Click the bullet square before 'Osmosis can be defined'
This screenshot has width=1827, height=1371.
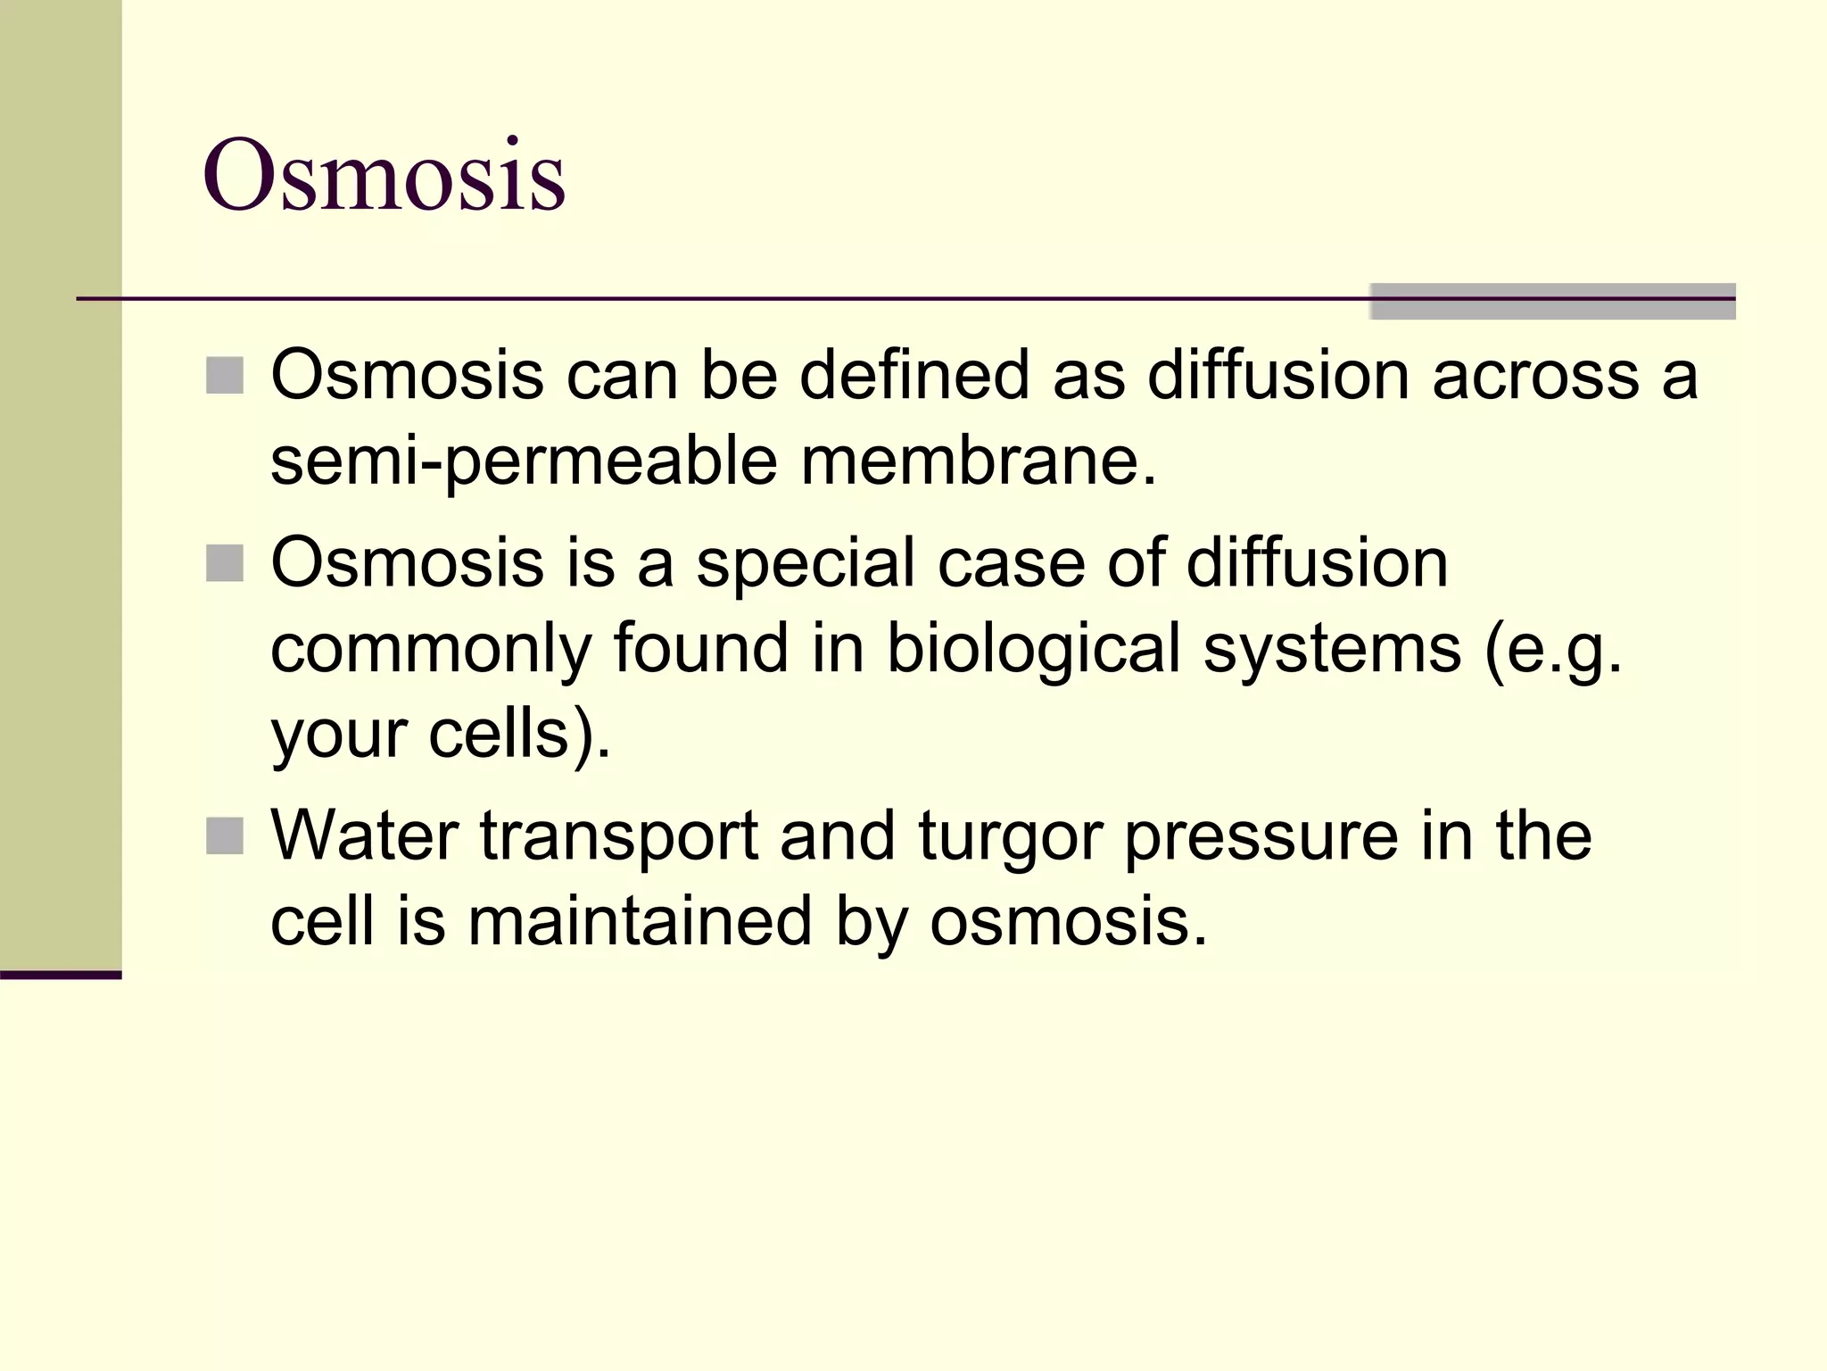pos(224,376)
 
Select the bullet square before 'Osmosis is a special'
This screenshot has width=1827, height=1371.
pos(224,563)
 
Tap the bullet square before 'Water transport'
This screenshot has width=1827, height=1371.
pos(224,836)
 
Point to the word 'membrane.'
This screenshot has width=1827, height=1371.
pos(978,461)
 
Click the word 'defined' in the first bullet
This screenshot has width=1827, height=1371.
pos(914,375)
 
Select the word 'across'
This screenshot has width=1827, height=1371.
pos(1535,376)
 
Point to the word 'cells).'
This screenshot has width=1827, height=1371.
pos(519,735)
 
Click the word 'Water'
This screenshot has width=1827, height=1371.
pos(364,836)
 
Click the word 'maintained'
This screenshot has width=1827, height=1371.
pos(640,922)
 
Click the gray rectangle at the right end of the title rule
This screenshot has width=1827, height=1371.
pos(1552,301)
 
